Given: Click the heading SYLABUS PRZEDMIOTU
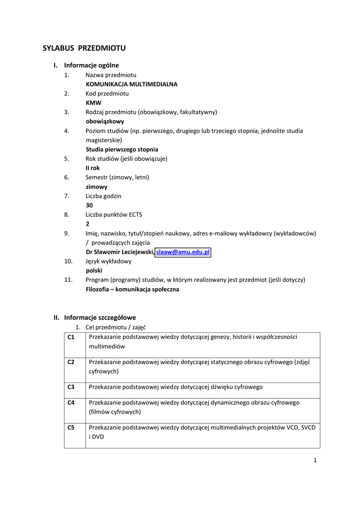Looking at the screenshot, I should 84,48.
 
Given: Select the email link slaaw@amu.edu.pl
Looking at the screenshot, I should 183,252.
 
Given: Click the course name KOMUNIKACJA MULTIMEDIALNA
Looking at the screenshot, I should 132,84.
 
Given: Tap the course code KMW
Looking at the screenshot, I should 93,103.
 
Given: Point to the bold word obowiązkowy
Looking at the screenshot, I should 105,122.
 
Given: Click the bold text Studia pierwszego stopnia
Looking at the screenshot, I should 122,149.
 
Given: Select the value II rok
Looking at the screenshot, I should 93,168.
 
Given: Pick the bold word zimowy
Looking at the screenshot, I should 97,187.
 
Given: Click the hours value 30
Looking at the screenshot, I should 89,205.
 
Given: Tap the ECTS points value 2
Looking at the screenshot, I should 88,224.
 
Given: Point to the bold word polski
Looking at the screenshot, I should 94,271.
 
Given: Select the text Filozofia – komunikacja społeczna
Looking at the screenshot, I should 133,289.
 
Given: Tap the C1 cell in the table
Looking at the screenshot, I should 71,337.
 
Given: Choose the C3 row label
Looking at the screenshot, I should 71,387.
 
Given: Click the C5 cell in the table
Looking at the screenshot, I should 71,427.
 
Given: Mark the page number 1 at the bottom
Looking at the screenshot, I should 315,460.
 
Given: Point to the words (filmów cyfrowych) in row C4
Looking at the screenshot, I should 115,412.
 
